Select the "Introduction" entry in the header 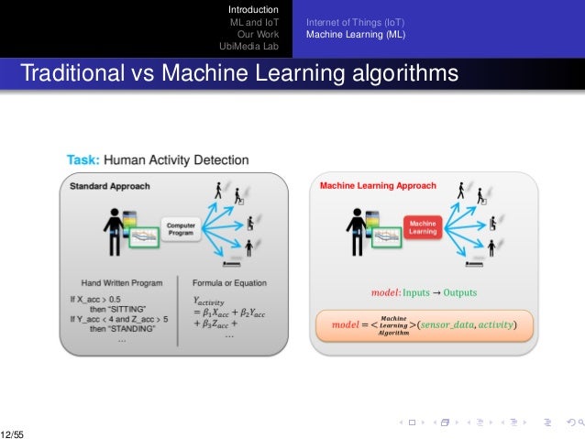click(253, 10)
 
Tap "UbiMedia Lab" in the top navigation click(248, 46)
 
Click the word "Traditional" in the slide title click(71, 71)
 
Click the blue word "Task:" click(83, 159)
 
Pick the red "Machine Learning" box click(422, 227)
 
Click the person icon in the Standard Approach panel click(115, 229)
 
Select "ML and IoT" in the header click(256, 22)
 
